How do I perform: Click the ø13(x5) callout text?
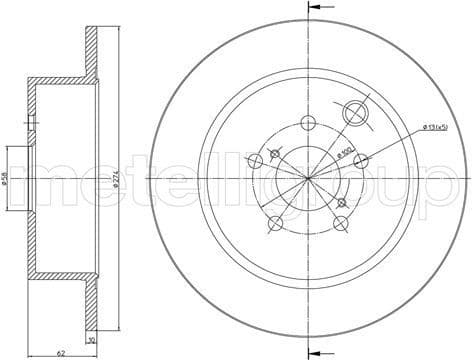tap(440, 126)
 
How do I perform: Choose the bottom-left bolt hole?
tap(275, 221)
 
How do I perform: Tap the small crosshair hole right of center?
tap(343, 203)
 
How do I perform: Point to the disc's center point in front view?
tap(309, 178)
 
